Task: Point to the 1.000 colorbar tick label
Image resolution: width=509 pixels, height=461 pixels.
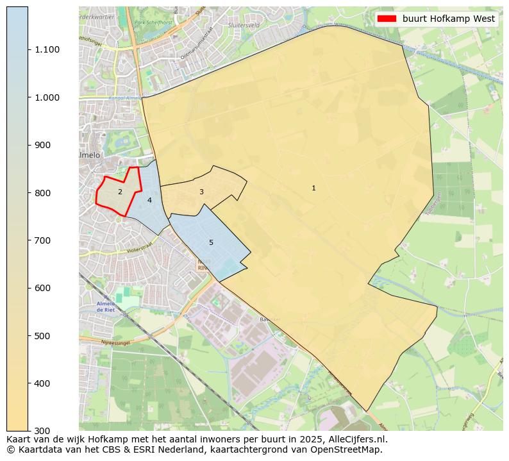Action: coord(47,97)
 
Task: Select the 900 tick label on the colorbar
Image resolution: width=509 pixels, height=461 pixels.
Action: coord(42,145)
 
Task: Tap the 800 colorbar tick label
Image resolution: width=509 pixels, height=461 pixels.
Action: coord(42,192)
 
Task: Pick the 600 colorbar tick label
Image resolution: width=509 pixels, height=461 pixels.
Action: coord(42,288)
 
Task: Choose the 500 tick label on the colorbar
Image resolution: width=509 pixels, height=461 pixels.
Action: coord(42,335)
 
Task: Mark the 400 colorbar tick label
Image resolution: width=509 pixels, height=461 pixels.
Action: coord(42,383)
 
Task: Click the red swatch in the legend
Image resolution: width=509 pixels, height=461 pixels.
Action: coord(387,19)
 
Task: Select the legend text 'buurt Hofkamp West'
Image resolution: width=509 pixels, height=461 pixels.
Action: coord(449,19)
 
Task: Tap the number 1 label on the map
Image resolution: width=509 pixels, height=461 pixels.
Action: coord(313,188)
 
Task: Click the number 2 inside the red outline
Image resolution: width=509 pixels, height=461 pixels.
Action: coord(120,192)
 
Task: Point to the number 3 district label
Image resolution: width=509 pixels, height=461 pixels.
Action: coord(201,192)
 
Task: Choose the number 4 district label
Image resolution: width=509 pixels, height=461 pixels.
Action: coord(149,200)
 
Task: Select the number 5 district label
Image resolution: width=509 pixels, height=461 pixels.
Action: coord(211,242)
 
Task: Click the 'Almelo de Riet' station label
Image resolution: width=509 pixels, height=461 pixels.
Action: coord(105,306)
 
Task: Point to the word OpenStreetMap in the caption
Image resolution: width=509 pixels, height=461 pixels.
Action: coord(347,449)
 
